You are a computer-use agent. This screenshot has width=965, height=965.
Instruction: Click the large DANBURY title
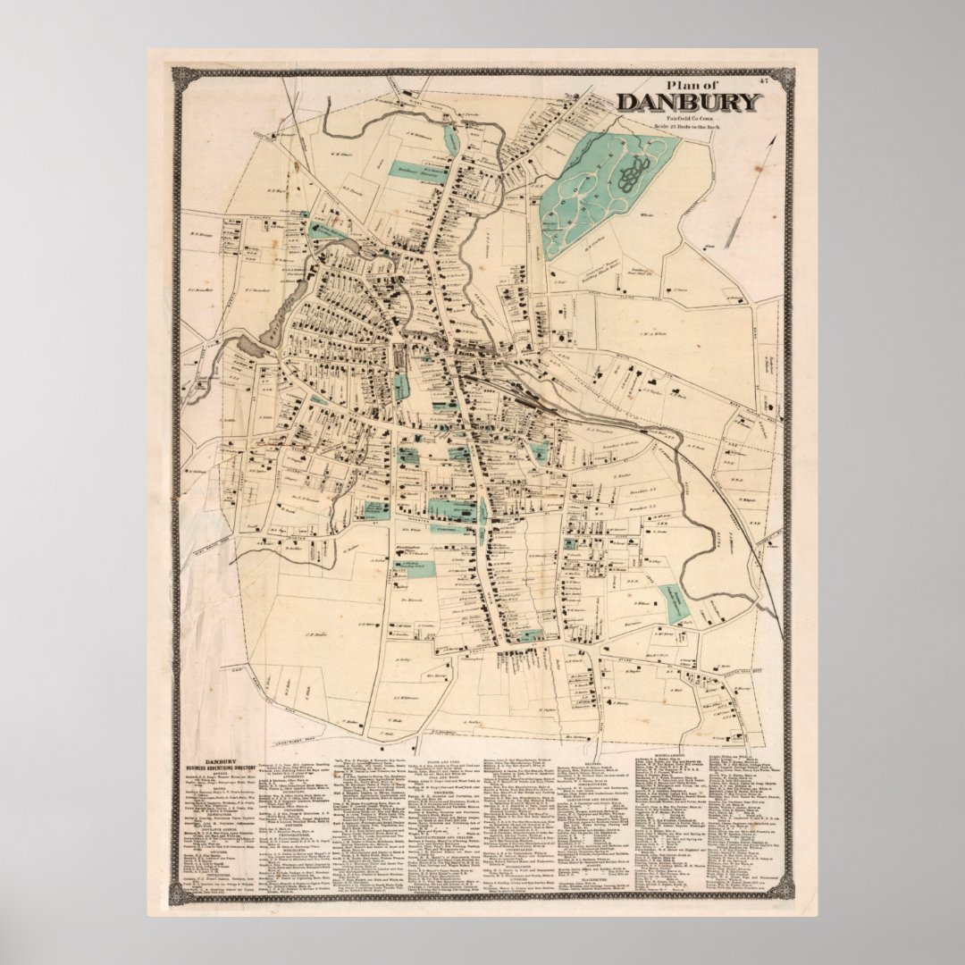[x=687, y=102]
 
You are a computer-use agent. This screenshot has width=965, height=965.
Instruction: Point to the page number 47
[x=764, y=82]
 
